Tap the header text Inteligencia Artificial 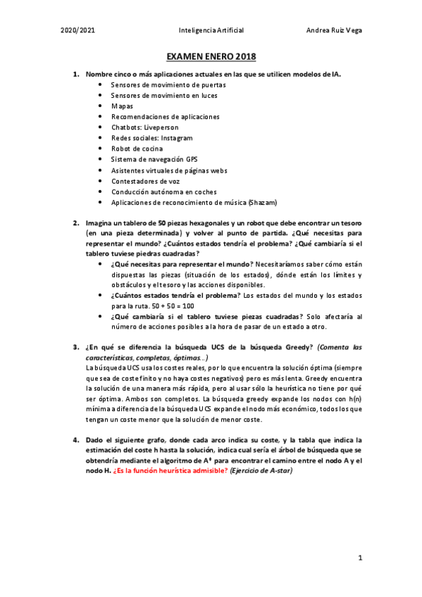[x=211, y=30]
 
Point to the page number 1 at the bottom [x=359, y=558]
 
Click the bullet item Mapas [x=122, y=106]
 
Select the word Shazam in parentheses [x=263, y=202]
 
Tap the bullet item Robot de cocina [x=137, y=149]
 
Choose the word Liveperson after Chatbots [x=163, y=127]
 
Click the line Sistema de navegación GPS [x=154, y=159]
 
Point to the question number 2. [x=75, y=223]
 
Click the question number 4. [x=75, y=439]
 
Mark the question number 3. [x=75, y=347]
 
